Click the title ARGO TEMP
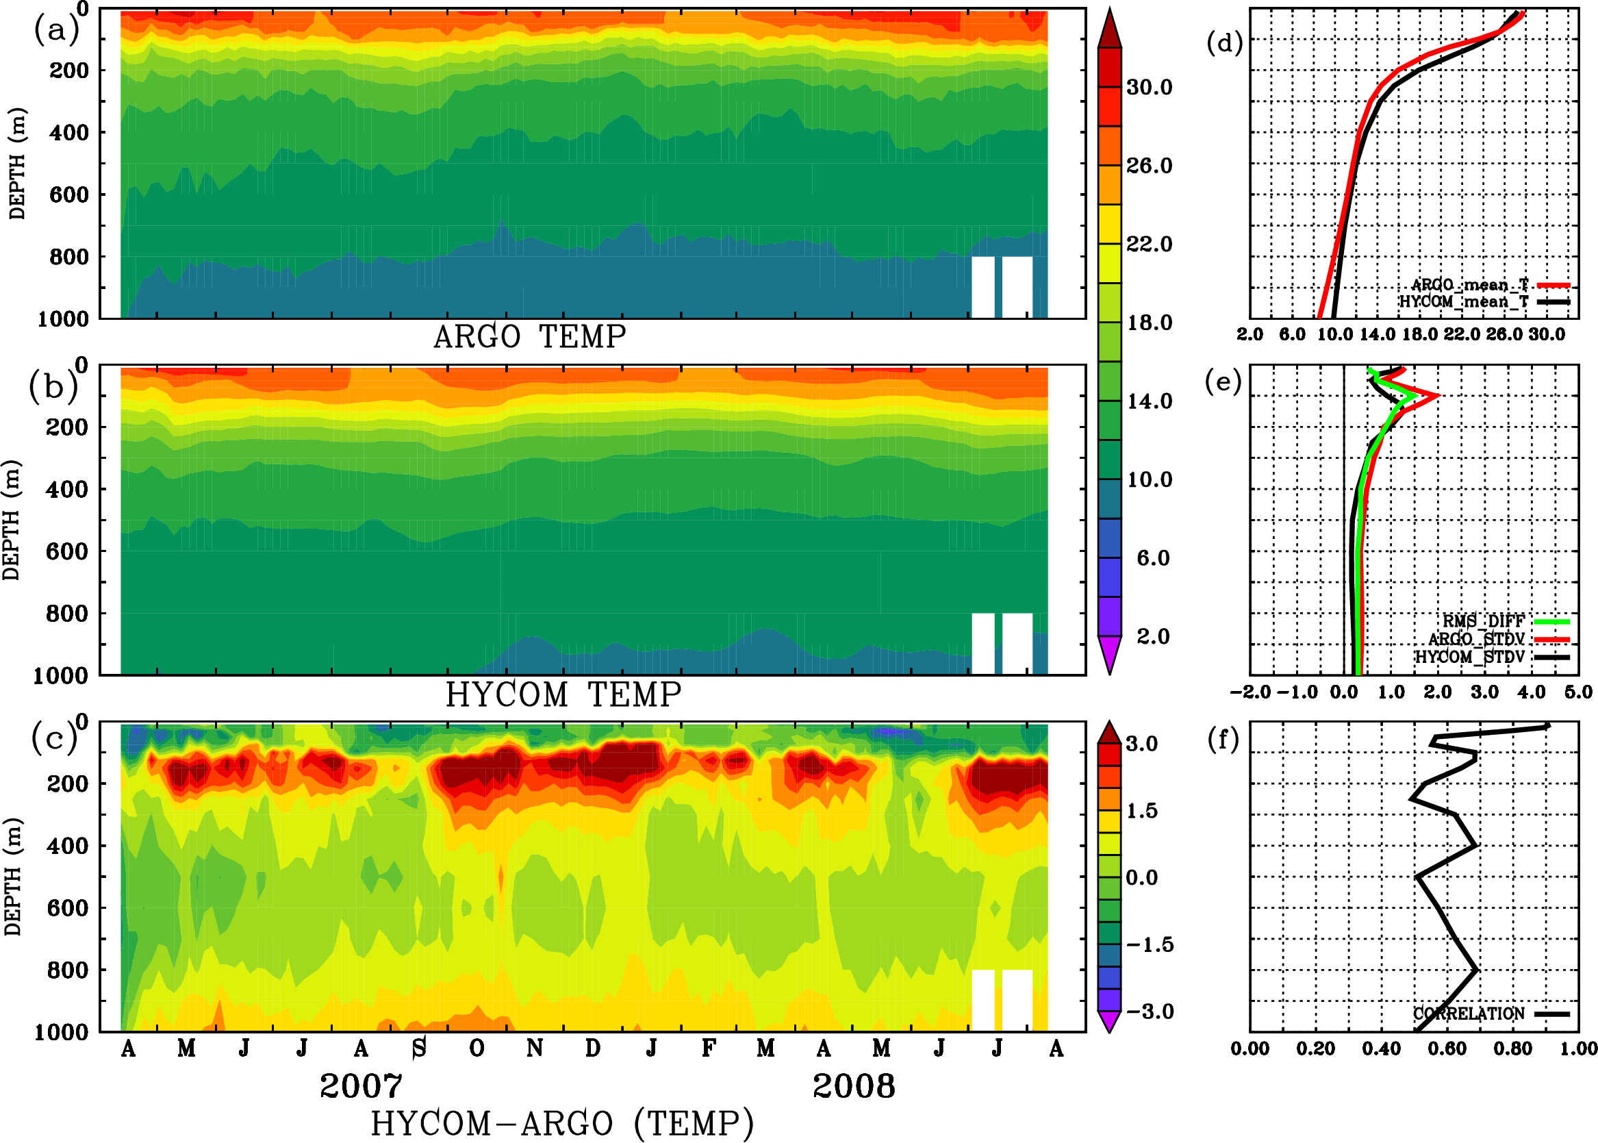pos(529,337)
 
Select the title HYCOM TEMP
pos(563,694)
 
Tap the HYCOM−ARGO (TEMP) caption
pos(562,1123)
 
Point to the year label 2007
pos(361,1086)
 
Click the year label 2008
pos(854,1086)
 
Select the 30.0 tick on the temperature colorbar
pos(1149,87)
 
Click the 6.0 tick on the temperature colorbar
pos(1152,558)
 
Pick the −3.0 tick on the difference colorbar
pos(1149,1012)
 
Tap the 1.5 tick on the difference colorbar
pos(1141,811)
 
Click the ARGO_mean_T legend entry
pos(1469,285)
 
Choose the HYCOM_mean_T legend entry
pos(1464,302)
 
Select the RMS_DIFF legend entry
pos(1483,621)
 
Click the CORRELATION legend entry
pos(1469,1014)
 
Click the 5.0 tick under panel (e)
pos(1578,692)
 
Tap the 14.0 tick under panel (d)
pos(1376,335)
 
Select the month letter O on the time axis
pos(477,1048)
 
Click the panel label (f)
pos(1223,740)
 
